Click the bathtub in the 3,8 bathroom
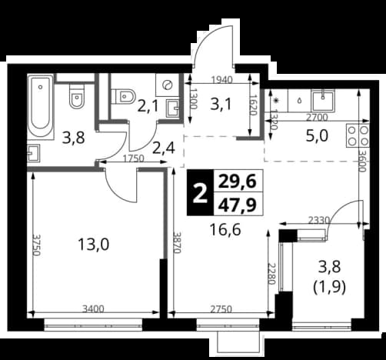point(40,107)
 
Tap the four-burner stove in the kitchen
point(358,135)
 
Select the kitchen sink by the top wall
point(323,101)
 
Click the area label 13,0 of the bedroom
point(94,244)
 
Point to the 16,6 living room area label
point(225,229)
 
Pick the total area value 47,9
point(237,205)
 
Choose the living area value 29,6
point(237,182)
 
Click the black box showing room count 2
point(200,192)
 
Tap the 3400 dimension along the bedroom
point(93,309)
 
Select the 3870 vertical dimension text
point(177,242)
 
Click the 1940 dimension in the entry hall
point(222,80)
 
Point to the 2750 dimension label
point(221,309)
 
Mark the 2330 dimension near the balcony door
point(318,220)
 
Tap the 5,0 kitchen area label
point(317,136)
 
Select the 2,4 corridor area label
point(164,148)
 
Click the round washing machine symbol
point(168,85)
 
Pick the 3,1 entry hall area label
point(221,105)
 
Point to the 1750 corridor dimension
point(133,159)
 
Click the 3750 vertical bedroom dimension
point(36,245)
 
